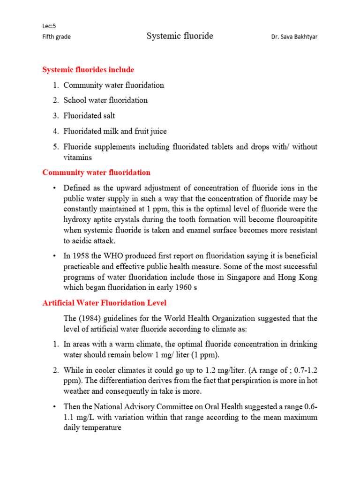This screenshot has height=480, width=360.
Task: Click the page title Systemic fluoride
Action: pyautogui.click(x=180, y=36)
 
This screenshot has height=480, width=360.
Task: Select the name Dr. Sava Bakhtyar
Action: pyautogui.click(x=294, y=37)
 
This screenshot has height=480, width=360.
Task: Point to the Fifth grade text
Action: pyautogui.click(x=57, y=37)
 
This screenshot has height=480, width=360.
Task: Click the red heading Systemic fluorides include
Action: pyautogui.click(x=88, y=70)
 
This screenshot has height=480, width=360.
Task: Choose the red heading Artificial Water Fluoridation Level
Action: pyautogui.click(x=105, y=303)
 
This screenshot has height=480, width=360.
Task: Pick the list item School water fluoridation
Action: pyautogui.click(x=105, y=100)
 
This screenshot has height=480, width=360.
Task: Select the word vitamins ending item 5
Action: pyautogui.click(x=77, y=158)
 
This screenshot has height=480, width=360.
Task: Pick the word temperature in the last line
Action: pyautogui.click(x=102, y=428)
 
